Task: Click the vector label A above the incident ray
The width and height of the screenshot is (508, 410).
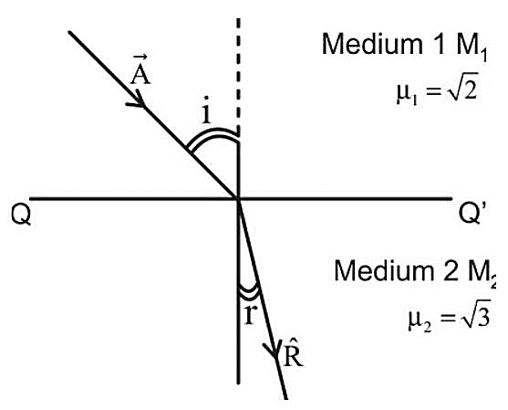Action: point(140,70)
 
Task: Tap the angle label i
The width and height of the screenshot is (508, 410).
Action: point(206,110)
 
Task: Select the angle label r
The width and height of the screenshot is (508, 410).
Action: point(250,314)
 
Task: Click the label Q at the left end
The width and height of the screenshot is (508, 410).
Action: point(21,215)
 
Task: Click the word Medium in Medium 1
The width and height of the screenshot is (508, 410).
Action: point(372,44)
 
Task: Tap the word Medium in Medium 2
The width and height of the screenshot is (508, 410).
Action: point(384,270)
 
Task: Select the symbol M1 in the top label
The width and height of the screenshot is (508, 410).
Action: point(472,47)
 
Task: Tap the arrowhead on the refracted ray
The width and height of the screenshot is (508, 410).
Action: point(273,350)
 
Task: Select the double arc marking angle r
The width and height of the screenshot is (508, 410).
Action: point(249,293)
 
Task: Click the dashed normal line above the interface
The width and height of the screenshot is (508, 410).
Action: point(238,78)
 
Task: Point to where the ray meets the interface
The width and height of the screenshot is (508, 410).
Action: point(238,198)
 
